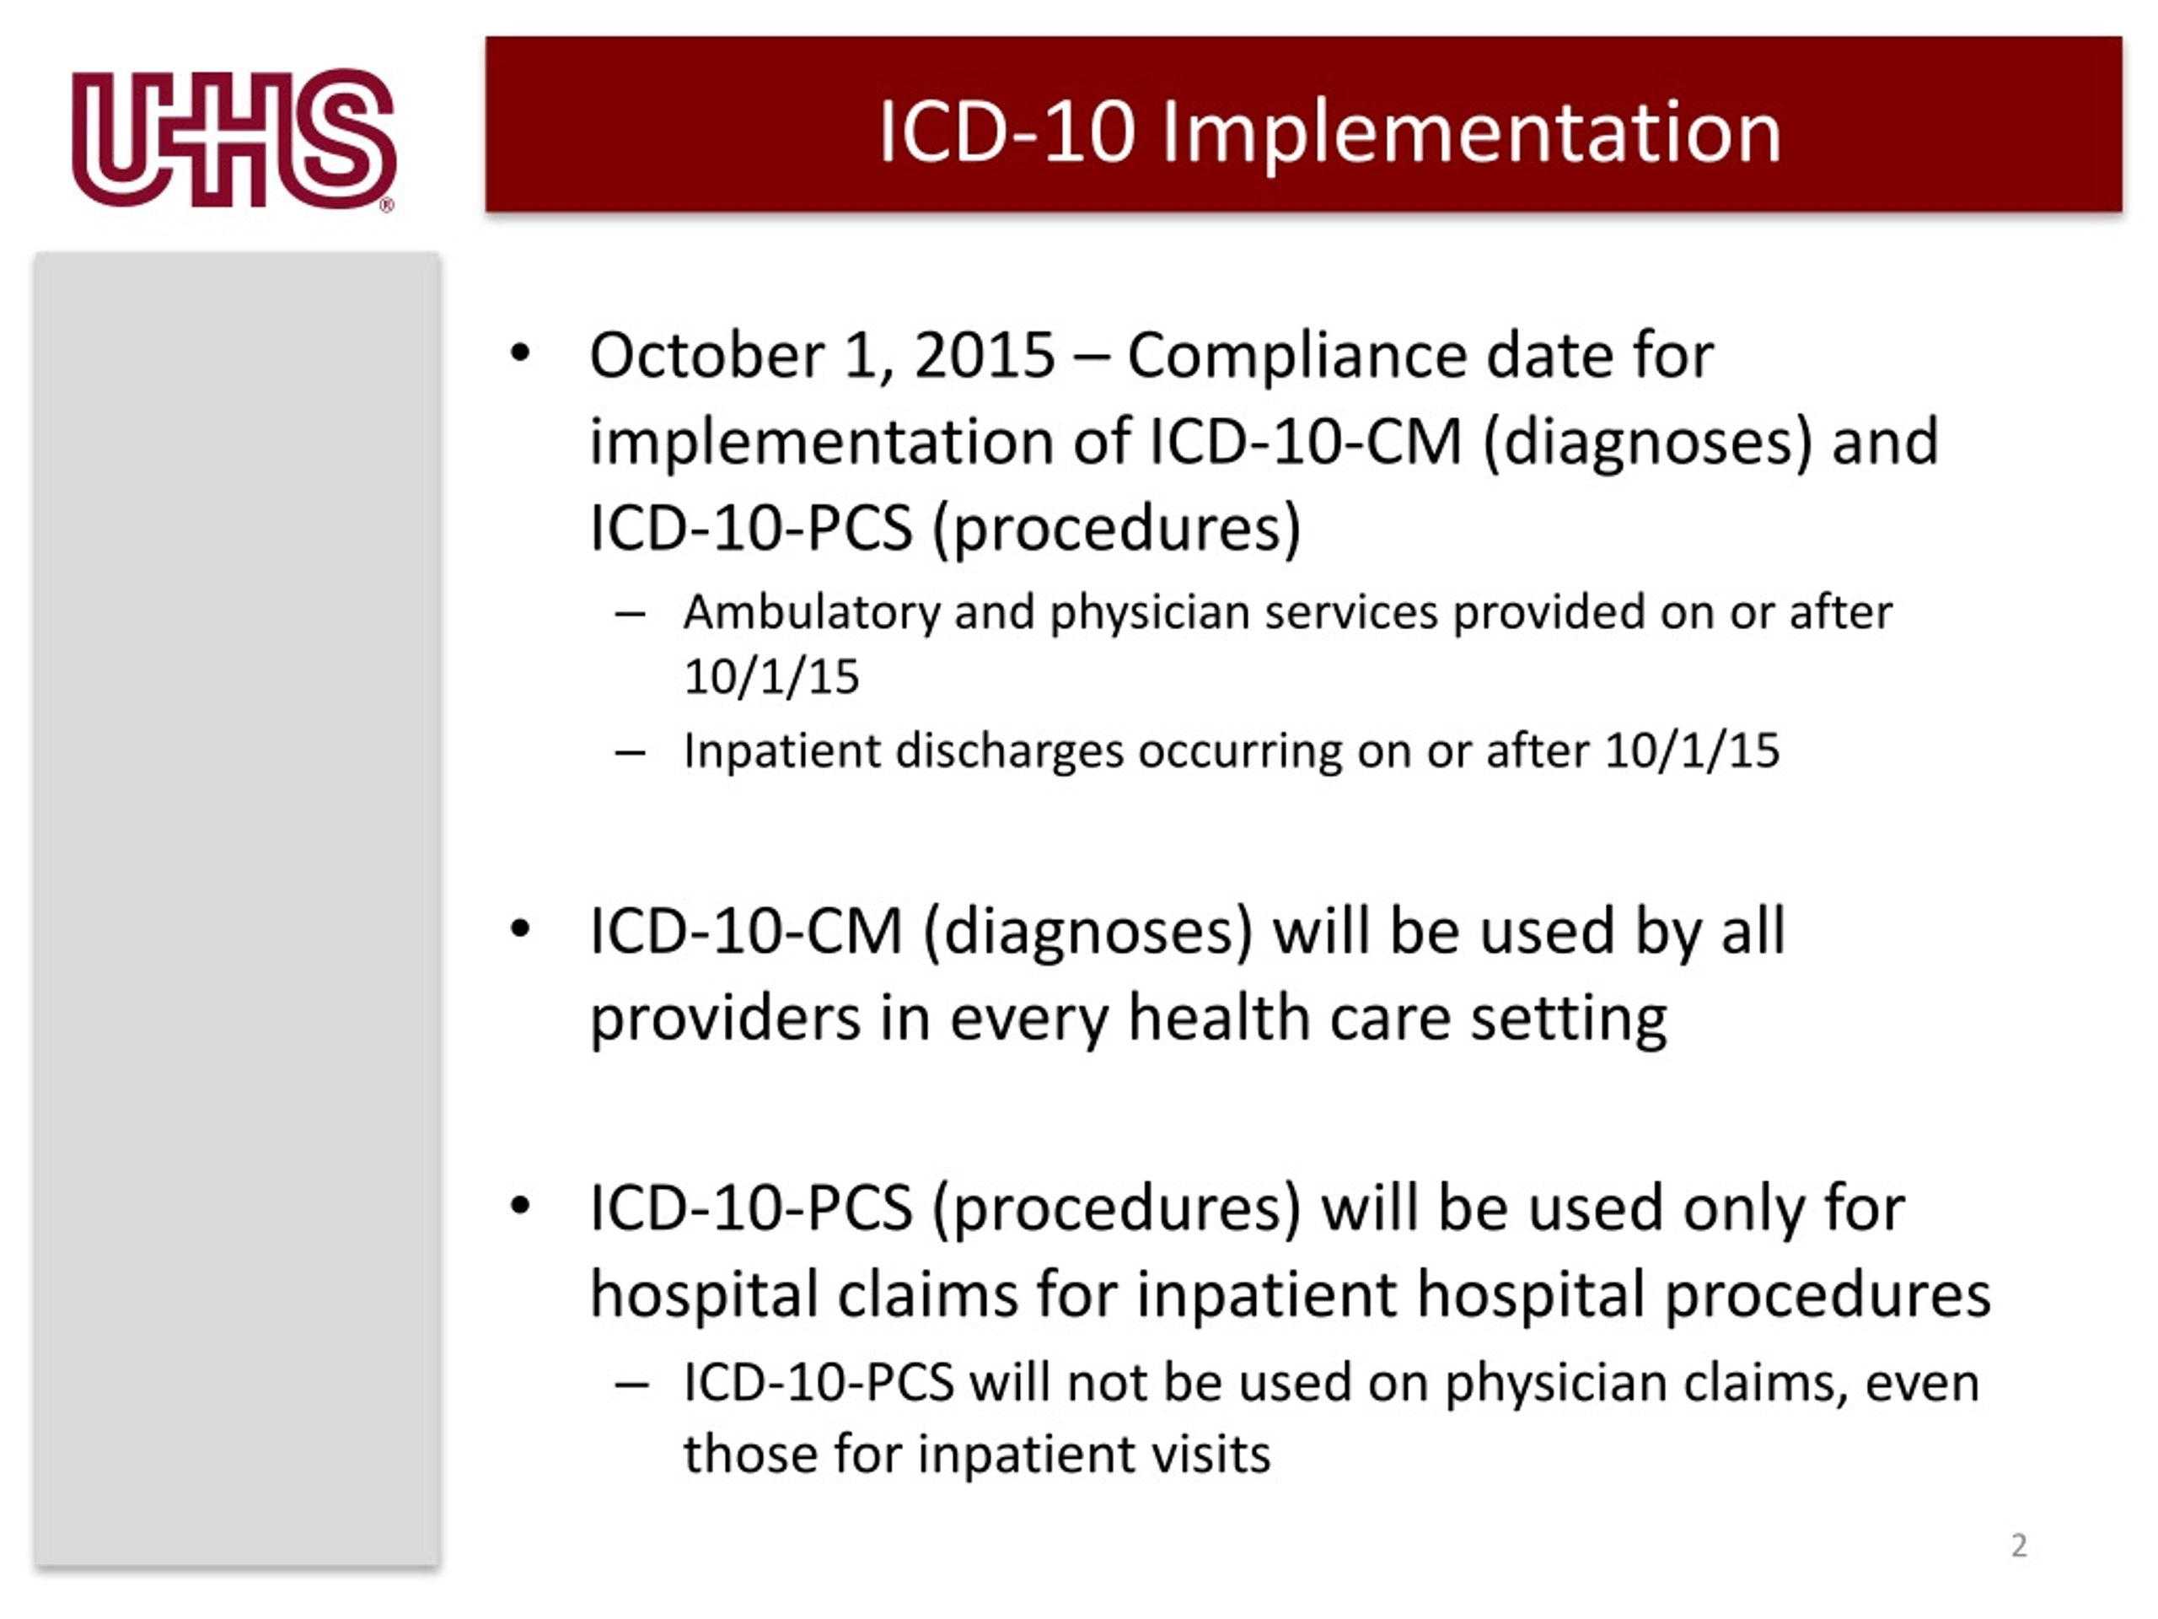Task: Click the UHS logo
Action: tap(234, 137)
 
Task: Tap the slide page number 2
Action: tap(2019, 1545)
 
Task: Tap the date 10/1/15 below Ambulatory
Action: tap(770, 676)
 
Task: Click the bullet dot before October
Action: tap(520, 353)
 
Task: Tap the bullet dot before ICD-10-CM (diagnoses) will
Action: tap(520, 929)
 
